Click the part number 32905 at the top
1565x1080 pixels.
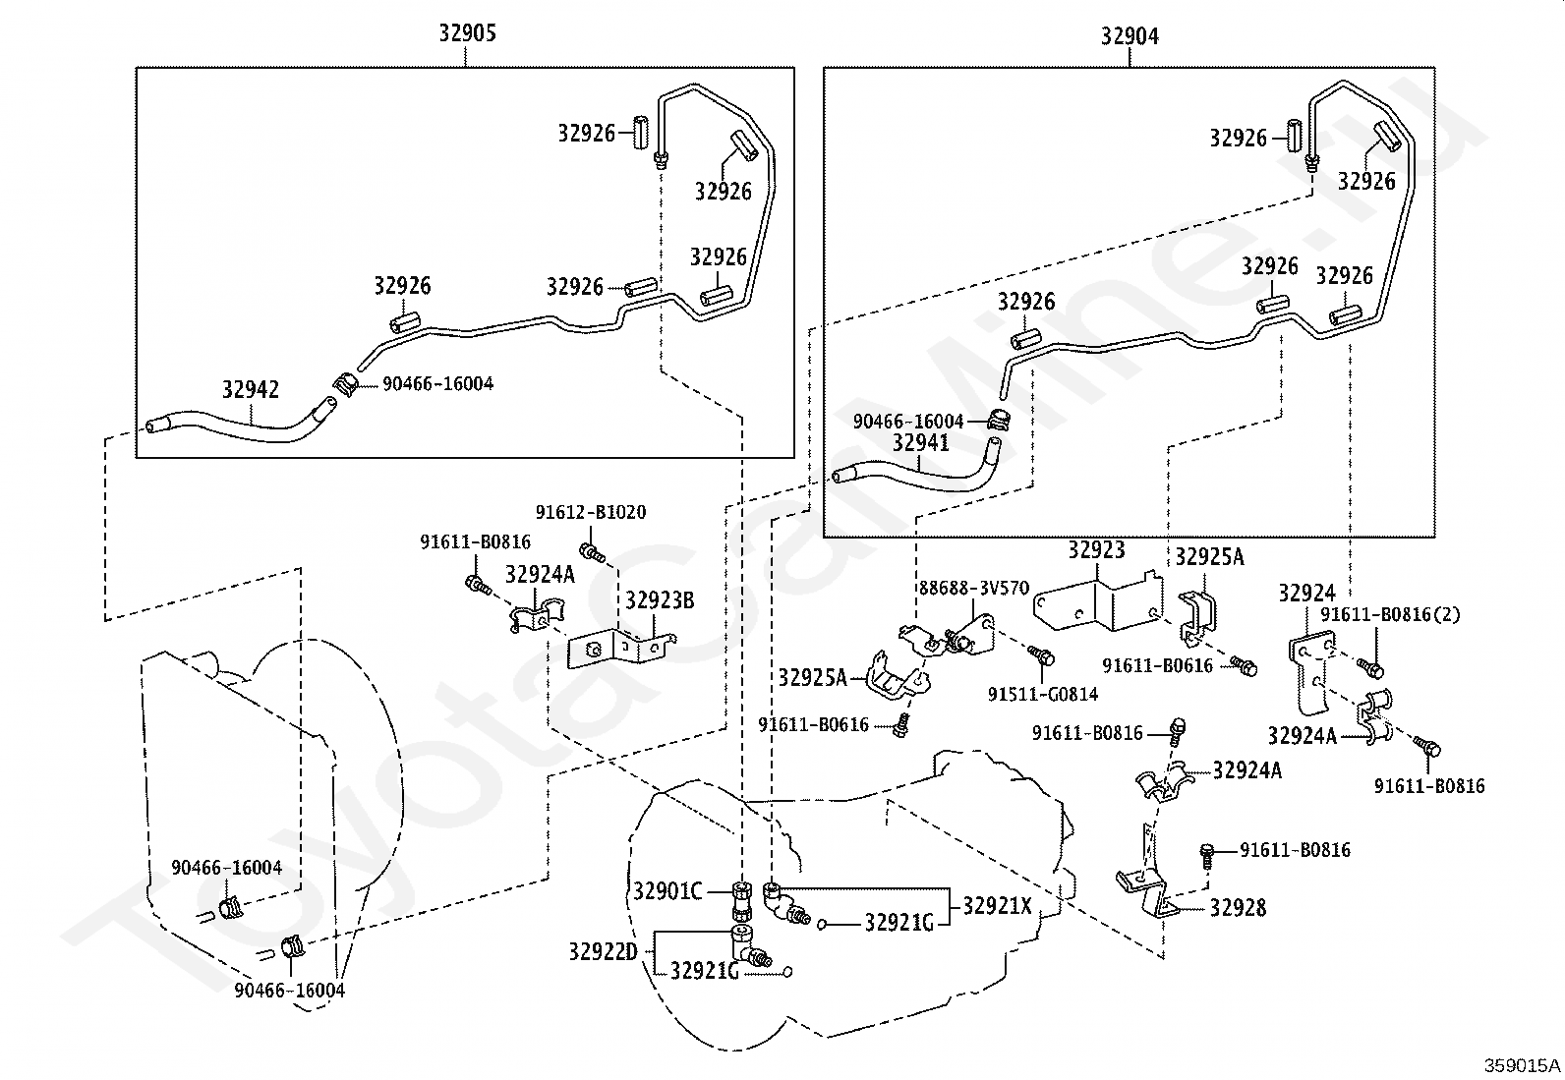[467, 32]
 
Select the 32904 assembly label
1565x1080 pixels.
[1130, 35]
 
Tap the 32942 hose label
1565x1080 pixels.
[251, 389]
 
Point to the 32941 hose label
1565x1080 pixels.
[921, 442]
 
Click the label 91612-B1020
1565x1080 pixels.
[591, 512]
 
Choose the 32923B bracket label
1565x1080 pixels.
[660, 600]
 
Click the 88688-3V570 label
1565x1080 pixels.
[974, 589]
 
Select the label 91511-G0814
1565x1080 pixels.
[1043, 694]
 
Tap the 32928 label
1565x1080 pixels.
[1238, 907]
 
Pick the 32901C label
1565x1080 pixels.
[667, 891]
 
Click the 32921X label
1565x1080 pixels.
[997, 906]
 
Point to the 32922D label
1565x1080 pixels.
[603, 951]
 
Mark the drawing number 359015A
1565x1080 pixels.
[1522, 1065]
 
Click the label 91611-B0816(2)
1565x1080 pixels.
[1390, 615]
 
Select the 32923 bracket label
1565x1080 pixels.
[1096, 549]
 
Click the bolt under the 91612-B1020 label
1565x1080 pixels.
[594, 554]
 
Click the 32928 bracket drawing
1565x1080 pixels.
[1146, 882]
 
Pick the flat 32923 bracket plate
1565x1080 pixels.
[1097, 602]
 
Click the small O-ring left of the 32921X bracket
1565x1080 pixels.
[823, 925]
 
